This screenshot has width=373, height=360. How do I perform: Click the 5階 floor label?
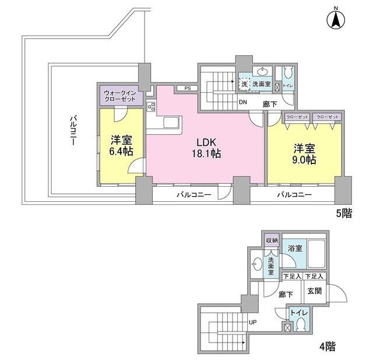[x=343, y=213]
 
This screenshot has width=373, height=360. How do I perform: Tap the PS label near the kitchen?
[x=187, y=89]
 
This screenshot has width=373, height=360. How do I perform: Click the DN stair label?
[x=243, y=102]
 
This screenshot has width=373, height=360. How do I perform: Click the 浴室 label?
[x=295, y=249]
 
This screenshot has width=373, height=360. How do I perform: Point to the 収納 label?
[x=272, y=240]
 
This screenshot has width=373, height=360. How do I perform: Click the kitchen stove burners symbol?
[x=152, y=107]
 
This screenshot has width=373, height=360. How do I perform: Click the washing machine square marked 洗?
[x=245, y=85]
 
